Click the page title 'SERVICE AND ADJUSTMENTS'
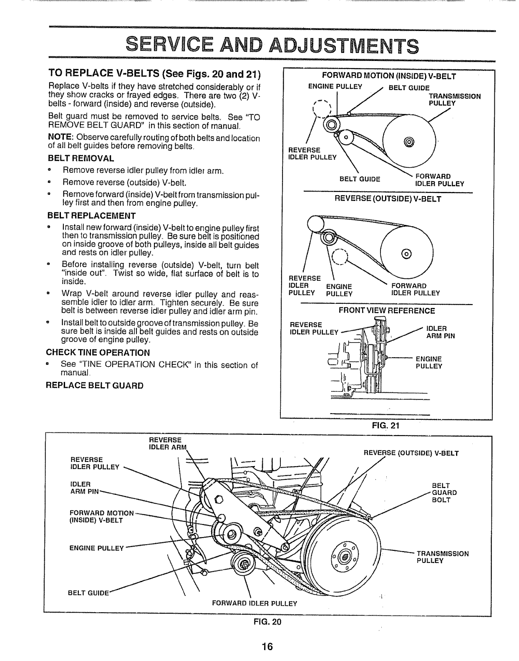click(272, 45)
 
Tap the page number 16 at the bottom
click(267, 647)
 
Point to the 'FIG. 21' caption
click(386, 426)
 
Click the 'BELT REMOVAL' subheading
click(81, 159)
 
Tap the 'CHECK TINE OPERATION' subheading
click(99, 352)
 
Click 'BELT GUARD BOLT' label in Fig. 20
click(444, 492)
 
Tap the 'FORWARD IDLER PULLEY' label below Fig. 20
click(254, 603)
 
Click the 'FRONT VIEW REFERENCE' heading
click(387, 310)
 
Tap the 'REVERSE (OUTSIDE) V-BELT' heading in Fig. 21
click(388, 199)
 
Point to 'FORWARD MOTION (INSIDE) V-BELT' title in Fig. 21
click(389, 76)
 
